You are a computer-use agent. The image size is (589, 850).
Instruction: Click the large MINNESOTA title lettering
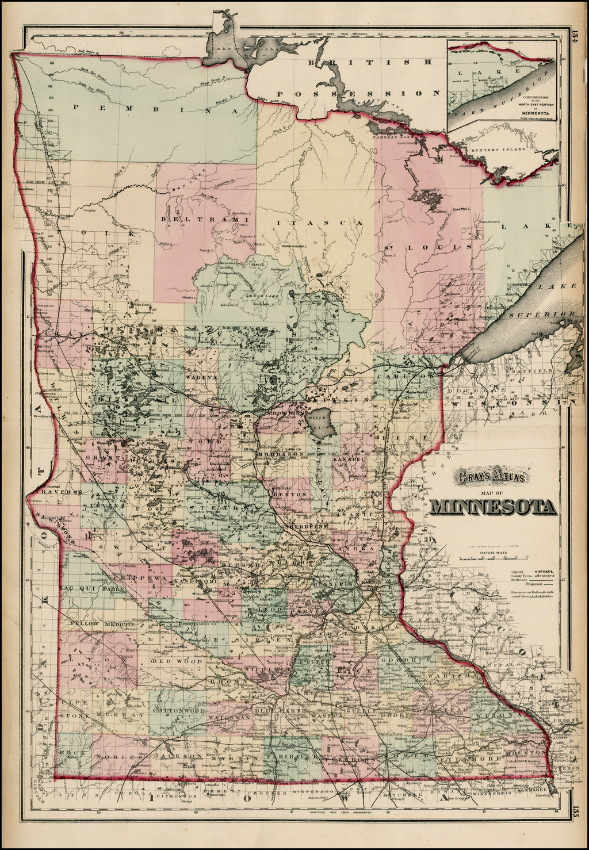(x=492, y=507)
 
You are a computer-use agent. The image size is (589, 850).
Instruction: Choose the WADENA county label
(x=201, y=377)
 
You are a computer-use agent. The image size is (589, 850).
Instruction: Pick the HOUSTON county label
(x=525, y=752)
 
